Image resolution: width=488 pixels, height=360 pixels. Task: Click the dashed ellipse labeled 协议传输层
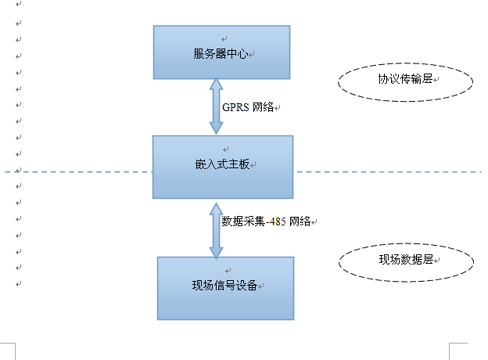tap(405, 81)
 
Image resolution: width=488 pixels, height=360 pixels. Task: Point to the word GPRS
tap(235, 107)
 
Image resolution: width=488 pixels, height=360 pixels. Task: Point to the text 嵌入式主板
tap(222, 165)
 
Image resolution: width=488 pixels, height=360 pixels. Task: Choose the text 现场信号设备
tap(224, 284)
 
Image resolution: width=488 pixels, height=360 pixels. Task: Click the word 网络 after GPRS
tap(263, 107)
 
